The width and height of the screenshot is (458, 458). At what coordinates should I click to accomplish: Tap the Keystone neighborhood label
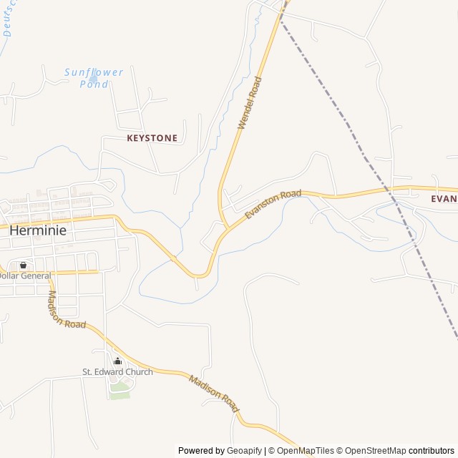pos(152,137)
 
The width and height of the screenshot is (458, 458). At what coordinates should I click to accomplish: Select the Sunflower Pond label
pos(94,78)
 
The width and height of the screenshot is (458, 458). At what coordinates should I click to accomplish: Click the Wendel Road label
pos(250,103)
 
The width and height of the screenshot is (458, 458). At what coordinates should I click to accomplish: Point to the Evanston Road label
pos(273,204)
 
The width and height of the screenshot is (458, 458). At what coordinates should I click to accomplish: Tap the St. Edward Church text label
pos(117,372)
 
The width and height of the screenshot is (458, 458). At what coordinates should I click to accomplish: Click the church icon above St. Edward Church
pos(117,361)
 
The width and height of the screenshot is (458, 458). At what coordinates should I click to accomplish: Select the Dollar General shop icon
pos(23,265)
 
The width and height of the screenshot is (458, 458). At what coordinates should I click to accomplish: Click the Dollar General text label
pos(25,276)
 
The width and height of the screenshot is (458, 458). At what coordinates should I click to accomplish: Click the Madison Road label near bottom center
pos(213,392)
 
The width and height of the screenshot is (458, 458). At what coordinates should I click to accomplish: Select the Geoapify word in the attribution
pos(245,451)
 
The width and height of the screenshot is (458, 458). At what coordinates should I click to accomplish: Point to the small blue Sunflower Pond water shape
pos(93,79)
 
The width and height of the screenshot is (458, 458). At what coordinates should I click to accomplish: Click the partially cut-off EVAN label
pos(444,199)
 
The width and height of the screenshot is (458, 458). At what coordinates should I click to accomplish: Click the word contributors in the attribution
pos(432,451)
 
